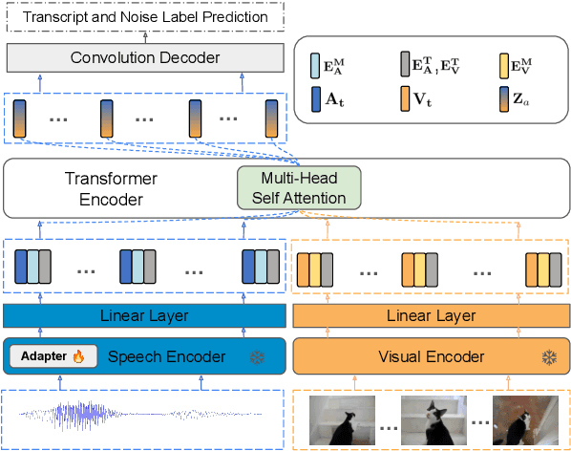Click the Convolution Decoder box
[144, 58]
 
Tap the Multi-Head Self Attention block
[299, 187]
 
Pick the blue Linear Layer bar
[144, 315]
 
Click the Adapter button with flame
[53, 356]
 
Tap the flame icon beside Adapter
[78, 356]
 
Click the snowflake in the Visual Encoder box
[548, 357]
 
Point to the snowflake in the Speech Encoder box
[256, 357]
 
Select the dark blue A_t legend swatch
[316, 97]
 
